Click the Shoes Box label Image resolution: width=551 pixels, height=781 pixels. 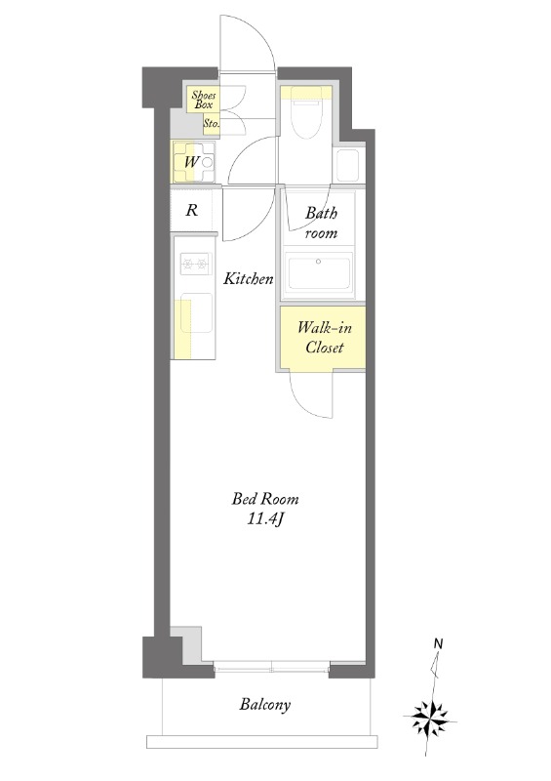coord(204,100)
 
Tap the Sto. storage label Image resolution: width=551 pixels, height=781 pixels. coord(211,124)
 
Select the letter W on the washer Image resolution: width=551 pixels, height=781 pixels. coord(191,162)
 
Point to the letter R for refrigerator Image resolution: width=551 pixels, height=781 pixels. coord(191,210)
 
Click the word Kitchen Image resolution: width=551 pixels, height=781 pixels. coord(249,278)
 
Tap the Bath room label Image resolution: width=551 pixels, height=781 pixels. coord(321,224)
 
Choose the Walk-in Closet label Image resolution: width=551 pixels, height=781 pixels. coord(325,337)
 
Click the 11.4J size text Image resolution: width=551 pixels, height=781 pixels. coord(265,519)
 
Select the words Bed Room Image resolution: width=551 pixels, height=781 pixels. coord(265,499)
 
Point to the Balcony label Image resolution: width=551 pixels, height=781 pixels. coord(265,704)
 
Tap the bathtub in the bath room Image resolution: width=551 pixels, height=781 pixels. coord(319,271)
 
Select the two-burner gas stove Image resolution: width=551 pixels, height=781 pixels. coord(195,264)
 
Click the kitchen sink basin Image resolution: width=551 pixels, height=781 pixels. coord(196,312)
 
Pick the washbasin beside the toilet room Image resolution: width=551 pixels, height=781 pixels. coord(348,165)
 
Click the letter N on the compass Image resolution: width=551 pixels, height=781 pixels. coord(438,643)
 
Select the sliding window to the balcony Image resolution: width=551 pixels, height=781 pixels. coord(272,667)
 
